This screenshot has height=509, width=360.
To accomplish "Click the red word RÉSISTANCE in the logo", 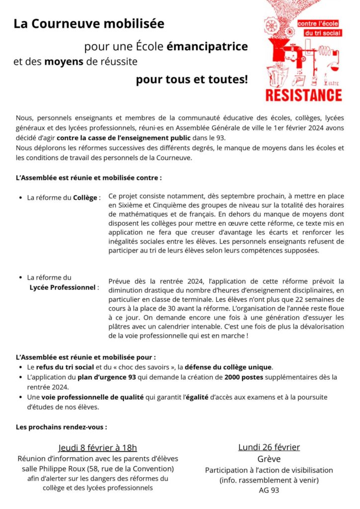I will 304,95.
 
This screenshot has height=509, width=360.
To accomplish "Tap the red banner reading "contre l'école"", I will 318,23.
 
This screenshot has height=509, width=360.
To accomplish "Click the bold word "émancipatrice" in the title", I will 207,47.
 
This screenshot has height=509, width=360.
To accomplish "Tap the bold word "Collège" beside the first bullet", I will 85,197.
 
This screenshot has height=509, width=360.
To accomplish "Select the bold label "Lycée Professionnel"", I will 62,287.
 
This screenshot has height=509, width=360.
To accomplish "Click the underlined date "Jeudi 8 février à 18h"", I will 97,447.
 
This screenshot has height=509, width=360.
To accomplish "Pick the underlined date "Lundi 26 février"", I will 269,447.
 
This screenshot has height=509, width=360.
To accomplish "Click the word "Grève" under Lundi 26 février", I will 269,459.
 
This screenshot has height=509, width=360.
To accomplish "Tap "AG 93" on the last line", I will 269,490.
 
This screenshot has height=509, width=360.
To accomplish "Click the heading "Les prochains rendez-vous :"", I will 61,426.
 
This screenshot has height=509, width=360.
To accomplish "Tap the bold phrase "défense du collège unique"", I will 228,367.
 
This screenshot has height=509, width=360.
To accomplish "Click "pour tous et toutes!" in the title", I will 191,80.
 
